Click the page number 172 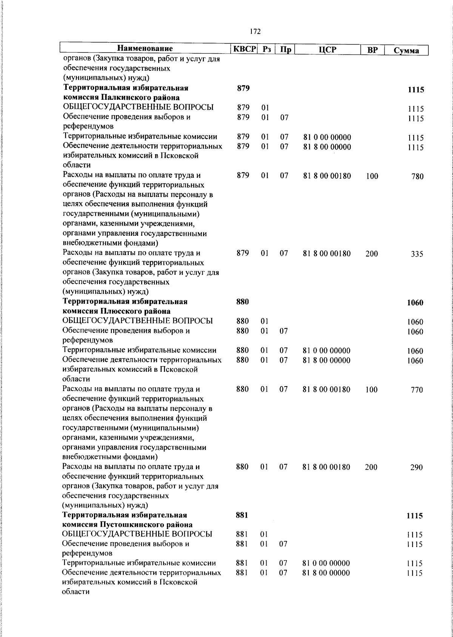[255, 32]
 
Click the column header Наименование [145, 49]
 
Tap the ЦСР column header [327, 49]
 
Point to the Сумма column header [406, 50]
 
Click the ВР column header [373, 50]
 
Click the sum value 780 [417, 176]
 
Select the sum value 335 [417, 254]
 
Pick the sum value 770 [417, 390]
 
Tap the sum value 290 [417, 468]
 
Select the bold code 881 [242, 515]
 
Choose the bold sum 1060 [415, 303]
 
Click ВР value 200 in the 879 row [371, 254]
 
